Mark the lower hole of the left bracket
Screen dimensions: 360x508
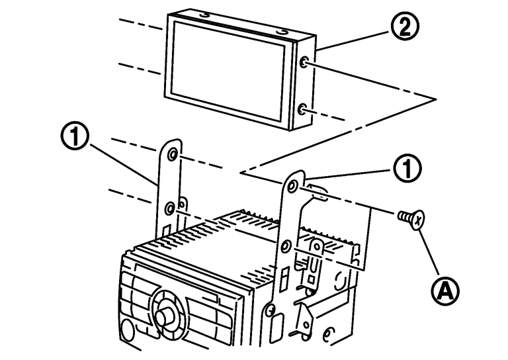[171, 209]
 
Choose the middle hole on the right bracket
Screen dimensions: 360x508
[285, 246]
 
